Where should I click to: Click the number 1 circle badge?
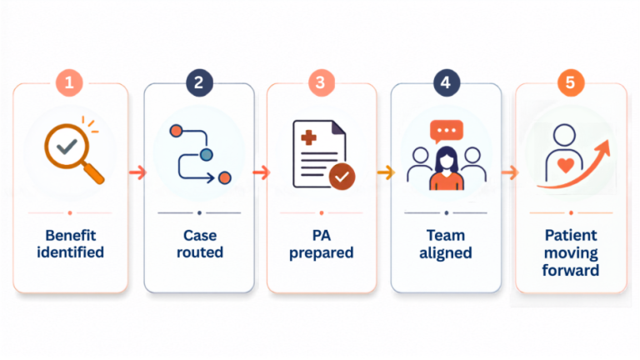(x=69, y=82)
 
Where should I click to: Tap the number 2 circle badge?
(x=199, y=82)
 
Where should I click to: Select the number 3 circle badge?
(x=321, y=82)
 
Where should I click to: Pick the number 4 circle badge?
(x=446, y=82)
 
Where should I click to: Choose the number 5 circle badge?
(x=571, y=82)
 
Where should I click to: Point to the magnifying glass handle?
(x=94, y=173)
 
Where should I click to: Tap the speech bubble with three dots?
(x=446, y=132)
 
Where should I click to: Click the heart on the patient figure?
(x=566, y=165)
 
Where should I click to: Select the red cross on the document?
(x=308, y=137)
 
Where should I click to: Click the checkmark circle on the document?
(x=342, y=177)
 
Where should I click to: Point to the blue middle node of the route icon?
(x=207, y=155)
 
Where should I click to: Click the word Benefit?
(x=71, y=236)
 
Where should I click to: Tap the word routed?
(x=200, y=252)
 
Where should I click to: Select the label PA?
(x=321, y=236)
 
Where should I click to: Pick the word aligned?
(x=446, y=253)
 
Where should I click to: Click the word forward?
(x=571, y=270)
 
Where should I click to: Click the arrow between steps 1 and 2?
(x=137, y=172)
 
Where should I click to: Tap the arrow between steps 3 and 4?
(x=386, y=172)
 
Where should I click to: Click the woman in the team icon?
(x=446, y=168)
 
